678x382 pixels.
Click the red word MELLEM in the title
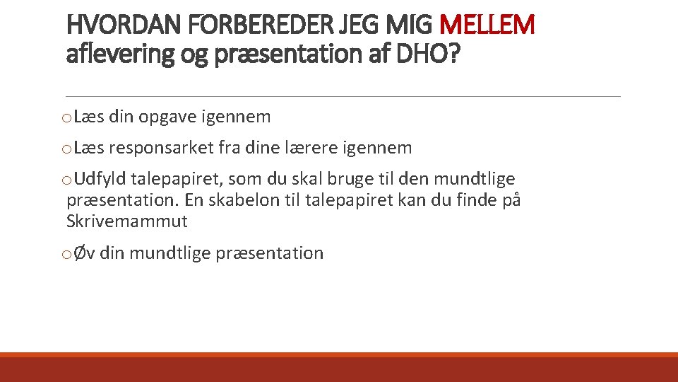(x=487, y=26)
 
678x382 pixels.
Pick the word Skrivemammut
(x=127, y=221)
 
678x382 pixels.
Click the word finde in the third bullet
(x=471, y=200)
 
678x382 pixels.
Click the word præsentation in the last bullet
(x=270, y=253)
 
